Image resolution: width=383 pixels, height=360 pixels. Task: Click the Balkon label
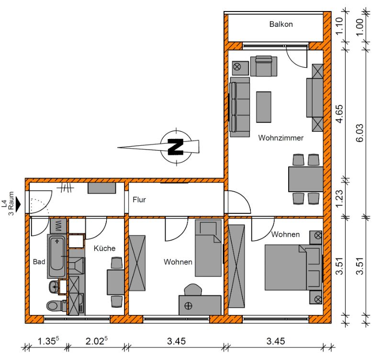tap(281, 24)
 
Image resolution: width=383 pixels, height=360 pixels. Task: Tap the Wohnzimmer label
tap(281, 138)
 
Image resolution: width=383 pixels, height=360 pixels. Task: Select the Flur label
tap(139, 200)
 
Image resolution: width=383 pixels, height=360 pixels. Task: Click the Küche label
tap(104, 248)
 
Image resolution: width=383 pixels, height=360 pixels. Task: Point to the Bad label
tap(39, 262)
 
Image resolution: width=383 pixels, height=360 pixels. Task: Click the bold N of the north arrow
tap(176, 147)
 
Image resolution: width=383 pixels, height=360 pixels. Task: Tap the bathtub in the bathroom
tap(56, 256)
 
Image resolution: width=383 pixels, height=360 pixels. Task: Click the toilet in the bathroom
tap(56, 305)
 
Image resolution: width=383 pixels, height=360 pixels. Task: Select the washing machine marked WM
tap(58, 226)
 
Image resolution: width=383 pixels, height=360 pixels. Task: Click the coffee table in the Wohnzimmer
tap(264, 107)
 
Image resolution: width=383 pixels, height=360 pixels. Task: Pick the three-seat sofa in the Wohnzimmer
tap(240, 107)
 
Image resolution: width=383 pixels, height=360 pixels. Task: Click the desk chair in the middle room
tap(193, 290)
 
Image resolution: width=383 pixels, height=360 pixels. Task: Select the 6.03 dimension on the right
tap(360, 133)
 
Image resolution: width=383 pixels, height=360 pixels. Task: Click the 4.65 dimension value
tap(339, 114)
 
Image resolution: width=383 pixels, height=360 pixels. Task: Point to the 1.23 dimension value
tap(339, 198)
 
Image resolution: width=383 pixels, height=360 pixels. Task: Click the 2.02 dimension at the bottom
tap(97, 341)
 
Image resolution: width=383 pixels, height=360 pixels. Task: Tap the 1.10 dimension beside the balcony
tap(339, 26)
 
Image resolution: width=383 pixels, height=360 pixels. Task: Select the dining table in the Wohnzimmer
tap(306, 179)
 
